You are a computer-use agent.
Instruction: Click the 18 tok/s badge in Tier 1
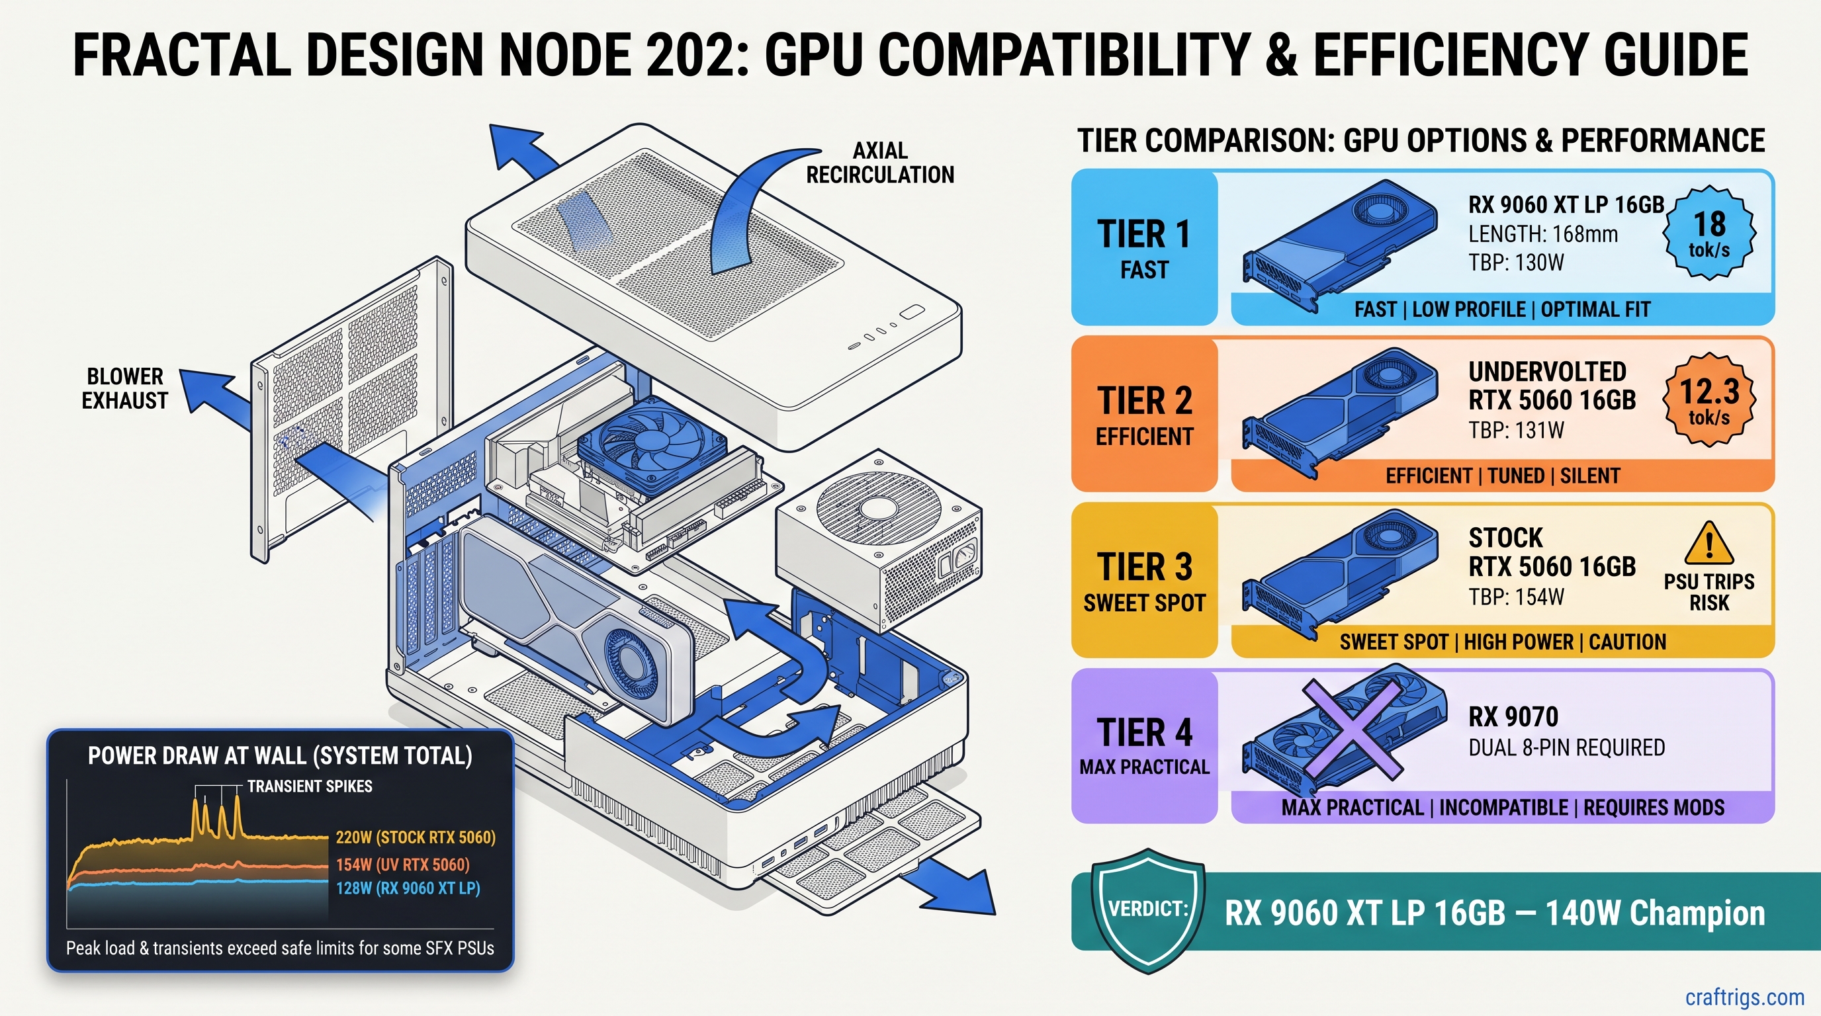click(1709, 233)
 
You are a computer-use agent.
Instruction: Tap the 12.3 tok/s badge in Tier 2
click(1709, 400)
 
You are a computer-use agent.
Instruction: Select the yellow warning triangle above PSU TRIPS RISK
click(1709, 543)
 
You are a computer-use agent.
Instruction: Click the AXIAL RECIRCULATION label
click(880, 163)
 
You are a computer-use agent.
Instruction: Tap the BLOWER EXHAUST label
click(124, 388)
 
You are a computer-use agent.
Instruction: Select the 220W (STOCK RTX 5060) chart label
click(416, 838)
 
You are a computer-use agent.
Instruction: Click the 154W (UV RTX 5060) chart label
click(402, 865)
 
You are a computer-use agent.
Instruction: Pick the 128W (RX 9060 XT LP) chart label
click(408, 888)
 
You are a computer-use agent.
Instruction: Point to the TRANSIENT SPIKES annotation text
click(310, 786)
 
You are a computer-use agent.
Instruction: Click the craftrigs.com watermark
click(1745, 997)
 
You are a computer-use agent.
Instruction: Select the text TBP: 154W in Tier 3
click(1517, 598)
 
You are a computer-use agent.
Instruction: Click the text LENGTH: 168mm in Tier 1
click(1543, 234)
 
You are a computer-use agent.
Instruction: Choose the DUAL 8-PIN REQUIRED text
click(1566, 747)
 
